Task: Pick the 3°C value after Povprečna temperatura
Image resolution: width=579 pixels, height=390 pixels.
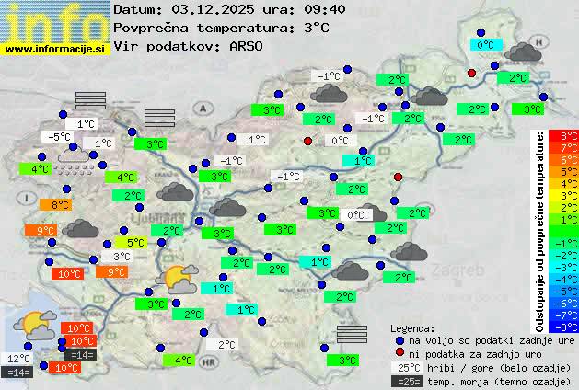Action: coord(316,28)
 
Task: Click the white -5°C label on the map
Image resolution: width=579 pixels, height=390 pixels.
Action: coord(60,137)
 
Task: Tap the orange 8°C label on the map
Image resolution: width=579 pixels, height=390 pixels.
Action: coord(61,205)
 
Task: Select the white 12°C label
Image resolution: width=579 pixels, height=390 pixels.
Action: coord(18,359)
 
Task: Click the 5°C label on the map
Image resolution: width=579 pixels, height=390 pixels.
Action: coord(136,243)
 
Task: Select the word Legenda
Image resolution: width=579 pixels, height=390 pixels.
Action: coord(411,328)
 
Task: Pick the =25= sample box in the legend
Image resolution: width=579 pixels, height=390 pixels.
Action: coord(405,381)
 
